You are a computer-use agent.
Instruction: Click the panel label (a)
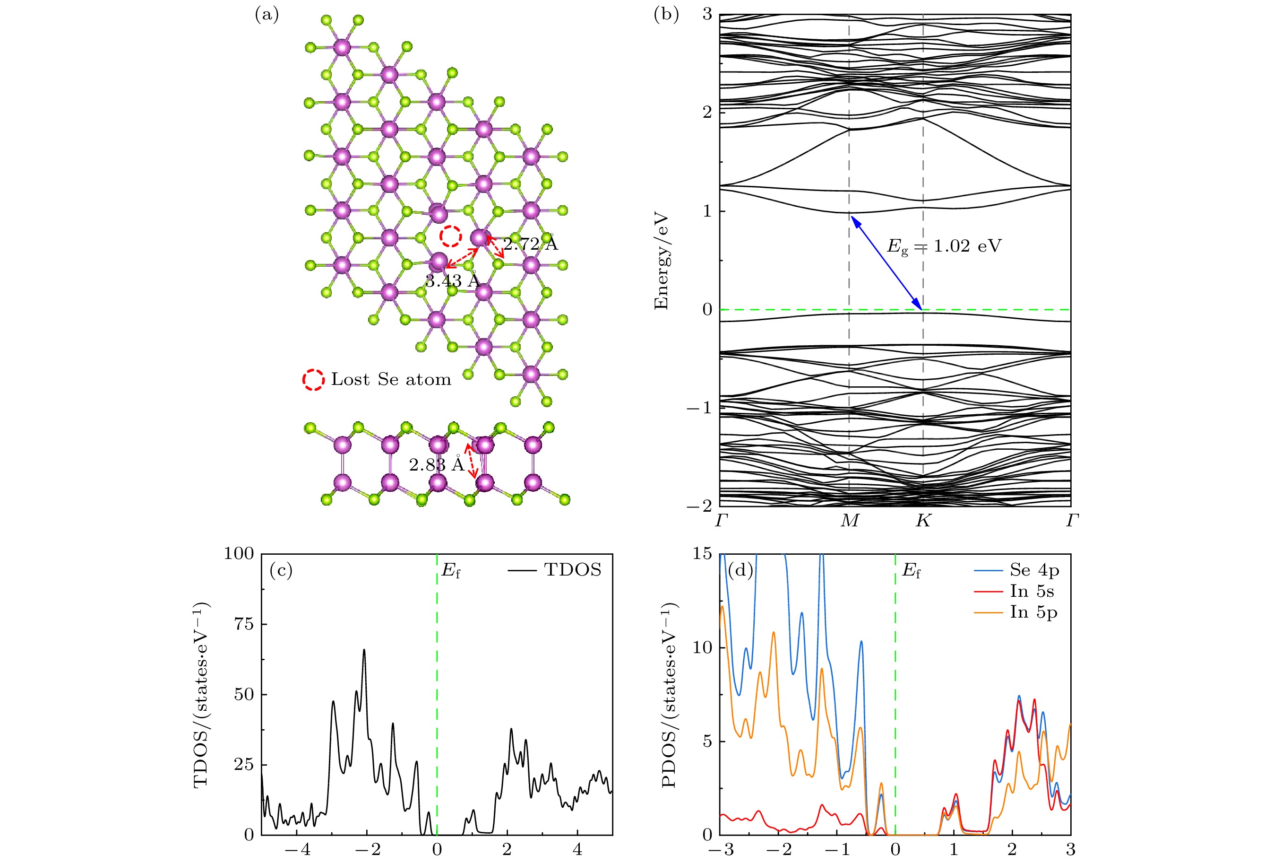coord(267,16)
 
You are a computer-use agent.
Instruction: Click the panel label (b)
coord(666,16)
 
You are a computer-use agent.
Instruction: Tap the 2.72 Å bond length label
coord(530,244)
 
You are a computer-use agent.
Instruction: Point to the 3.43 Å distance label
coord(452,281)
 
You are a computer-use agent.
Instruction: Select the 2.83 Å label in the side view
coord(437,465)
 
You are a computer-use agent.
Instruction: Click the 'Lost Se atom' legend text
coord(391,380)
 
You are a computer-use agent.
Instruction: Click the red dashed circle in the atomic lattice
coord(451,236)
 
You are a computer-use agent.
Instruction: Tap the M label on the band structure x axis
coord(849,521)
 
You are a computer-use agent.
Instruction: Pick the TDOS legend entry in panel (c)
coord(572,570)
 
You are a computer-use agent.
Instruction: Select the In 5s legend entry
coord(1032,591)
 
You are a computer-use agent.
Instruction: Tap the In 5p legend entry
coord(1033,612)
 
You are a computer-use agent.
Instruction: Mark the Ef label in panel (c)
coord(451,571)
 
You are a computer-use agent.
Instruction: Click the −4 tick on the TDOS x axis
coord(297,850)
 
